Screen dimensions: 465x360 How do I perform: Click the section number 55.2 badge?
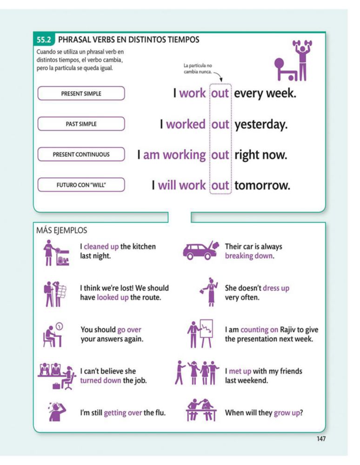pos(45,40)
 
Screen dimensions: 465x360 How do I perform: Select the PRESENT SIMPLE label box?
pos(81,93)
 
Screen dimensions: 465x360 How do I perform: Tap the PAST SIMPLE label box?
pos(81,124)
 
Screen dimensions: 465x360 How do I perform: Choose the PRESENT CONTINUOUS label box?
pos(81,154)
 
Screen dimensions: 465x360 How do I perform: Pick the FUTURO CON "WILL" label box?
pos(81,185)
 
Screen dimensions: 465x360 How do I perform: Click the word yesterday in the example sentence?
pos(260,124)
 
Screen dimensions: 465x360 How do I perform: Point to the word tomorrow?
pos(262,186)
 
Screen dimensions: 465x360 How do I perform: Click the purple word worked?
pos(186,124)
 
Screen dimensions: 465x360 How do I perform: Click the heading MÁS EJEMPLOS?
pos(61,230)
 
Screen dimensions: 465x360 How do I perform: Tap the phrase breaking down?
pos(249,256)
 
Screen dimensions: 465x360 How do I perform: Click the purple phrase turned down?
pos(100,380)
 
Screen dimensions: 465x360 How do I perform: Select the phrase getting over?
pos(123,412)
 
